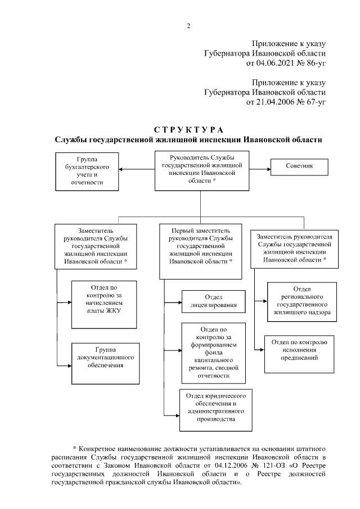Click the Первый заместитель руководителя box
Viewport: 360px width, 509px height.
(x=201, y=250)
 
